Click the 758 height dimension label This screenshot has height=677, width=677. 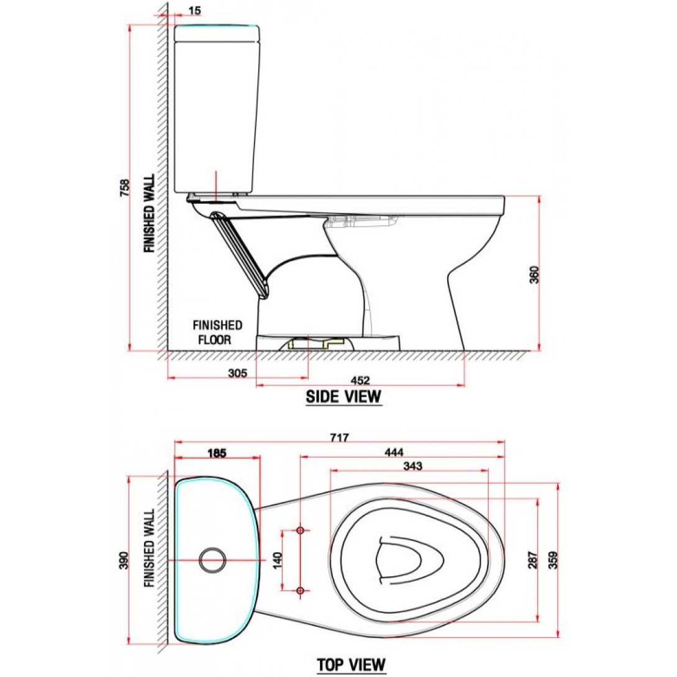124,188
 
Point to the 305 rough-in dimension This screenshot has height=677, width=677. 237,373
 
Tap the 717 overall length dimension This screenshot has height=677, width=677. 339,437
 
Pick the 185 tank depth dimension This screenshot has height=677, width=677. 217,453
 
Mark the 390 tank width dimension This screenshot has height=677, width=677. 124,560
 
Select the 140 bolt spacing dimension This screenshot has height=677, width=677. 278,560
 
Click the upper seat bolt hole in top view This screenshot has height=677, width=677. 301,530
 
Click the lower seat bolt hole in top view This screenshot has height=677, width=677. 301,589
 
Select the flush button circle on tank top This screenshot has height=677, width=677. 212,560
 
